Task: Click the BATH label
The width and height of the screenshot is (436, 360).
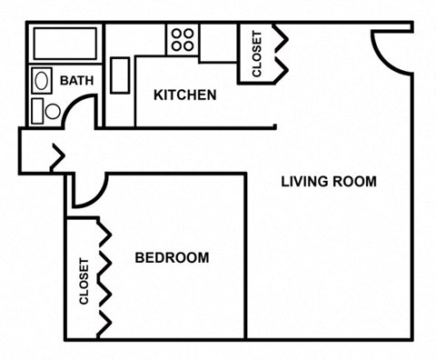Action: [77, 81]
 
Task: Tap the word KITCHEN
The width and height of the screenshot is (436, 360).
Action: [184, 95]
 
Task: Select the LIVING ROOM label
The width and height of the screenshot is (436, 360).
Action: [328, 181]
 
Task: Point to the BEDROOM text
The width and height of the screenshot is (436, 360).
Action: [172, 257]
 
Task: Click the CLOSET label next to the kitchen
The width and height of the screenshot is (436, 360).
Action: [256, 54]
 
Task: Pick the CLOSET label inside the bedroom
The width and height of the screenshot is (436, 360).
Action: [84, 281]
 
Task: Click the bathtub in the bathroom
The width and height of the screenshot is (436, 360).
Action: [64, 43]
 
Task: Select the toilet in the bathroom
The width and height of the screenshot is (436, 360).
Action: [45, 111]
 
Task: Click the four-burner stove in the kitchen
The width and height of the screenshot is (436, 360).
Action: [182, 38]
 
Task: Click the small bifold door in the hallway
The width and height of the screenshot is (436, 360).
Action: [57, 157]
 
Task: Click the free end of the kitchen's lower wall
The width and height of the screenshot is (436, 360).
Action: [274, 127]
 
